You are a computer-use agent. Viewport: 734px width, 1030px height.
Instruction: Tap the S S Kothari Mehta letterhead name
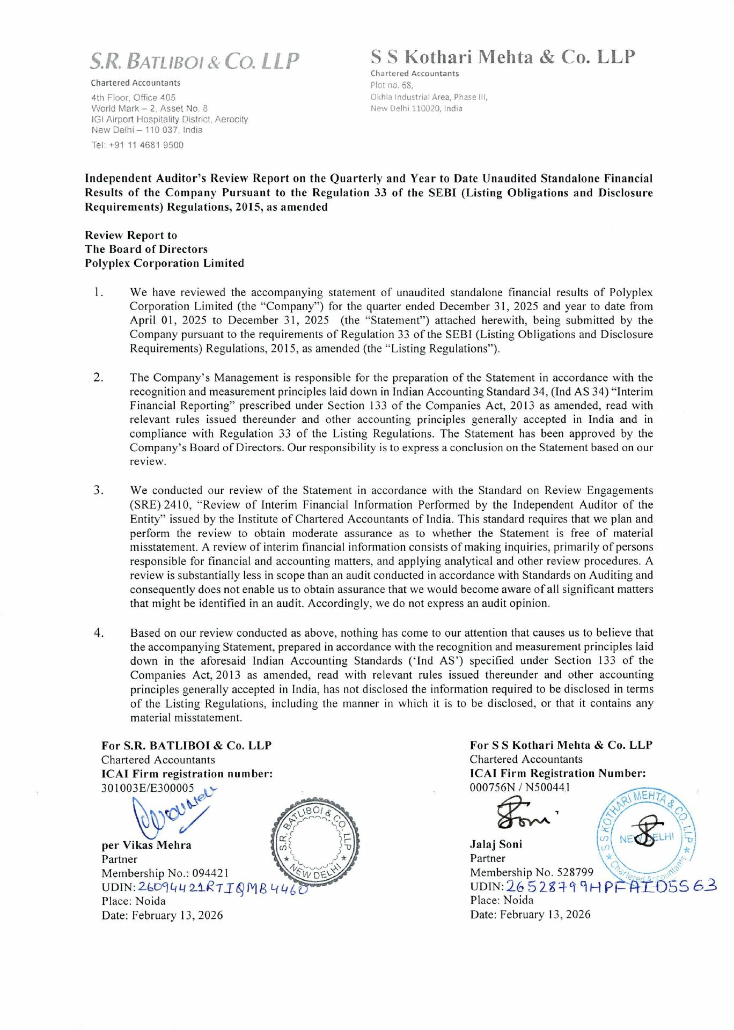tap(503, 57)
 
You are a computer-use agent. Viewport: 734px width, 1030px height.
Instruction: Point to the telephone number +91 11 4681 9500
tap(137, 145)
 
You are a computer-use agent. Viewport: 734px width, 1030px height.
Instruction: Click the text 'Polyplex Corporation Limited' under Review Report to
tap(164, 263)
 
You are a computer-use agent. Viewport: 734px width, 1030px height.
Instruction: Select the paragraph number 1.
tap(98, 292)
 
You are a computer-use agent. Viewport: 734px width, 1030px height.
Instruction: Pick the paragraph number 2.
tap(98, 377)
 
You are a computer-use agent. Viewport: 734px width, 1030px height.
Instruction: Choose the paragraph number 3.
tap(98, 490)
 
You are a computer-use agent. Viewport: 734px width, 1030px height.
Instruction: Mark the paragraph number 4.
tap(98, 632)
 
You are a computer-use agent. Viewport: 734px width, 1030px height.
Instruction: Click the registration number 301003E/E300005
tap(148, 788)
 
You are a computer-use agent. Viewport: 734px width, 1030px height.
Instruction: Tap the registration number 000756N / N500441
tap(520, 787)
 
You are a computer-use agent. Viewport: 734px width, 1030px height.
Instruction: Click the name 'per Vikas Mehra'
tap(146, 845)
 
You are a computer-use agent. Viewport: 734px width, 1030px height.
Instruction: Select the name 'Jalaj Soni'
tap(496, 844)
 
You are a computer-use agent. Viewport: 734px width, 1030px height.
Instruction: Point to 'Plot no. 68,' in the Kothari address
tap(392, 85)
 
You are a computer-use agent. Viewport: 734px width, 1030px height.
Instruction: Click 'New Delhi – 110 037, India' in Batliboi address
tap(146, 130)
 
